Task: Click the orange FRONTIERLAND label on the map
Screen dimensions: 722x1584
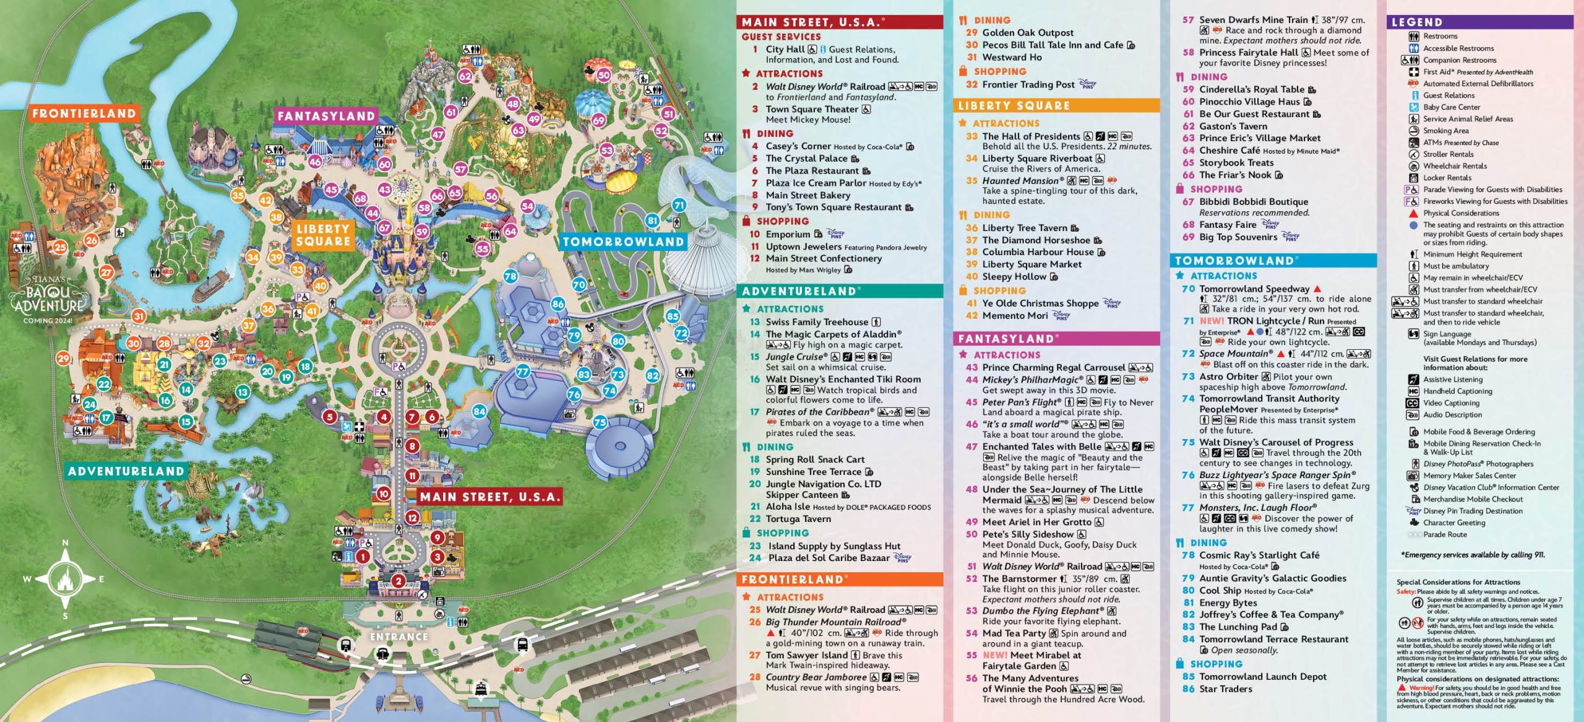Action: click(x=84, y=113)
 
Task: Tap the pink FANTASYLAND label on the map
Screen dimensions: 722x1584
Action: click(x=326, y=116)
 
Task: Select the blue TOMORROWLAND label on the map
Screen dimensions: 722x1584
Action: click(x=623, y=242)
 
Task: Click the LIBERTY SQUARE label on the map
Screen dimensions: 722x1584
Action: click(x=323, y=235)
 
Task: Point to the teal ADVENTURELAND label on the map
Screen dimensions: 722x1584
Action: click(x=126, y=471)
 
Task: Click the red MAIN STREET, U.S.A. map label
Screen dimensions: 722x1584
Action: click(x=489, y=497)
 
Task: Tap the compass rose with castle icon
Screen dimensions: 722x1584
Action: click(x=65, y=579)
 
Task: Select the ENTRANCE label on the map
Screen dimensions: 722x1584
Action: click(x=399, y=637)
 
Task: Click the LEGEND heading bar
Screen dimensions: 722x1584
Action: click(x=1479, y=22)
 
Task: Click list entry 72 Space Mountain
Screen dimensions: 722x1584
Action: click(x=1236, y=354)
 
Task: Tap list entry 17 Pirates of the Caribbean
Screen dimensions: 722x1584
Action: click(x=820, y=412)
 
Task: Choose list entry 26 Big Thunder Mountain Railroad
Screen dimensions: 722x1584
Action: click(x=835, y=622)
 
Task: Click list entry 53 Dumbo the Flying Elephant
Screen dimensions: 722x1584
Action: click(x=1043, y=611)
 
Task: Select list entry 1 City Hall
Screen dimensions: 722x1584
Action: click(x=786, y=50)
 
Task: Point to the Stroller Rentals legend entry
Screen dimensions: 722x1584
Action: click(x=1448, y=154)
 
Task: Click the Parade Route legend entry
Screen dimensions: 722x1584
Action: click(x=1444, y=534)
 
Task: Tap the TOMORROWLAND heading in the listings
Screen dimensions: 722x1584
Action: click(x=1234, y=261)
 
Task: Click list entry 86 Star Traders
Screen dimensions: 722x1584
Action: click(x=1225, y=689)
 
